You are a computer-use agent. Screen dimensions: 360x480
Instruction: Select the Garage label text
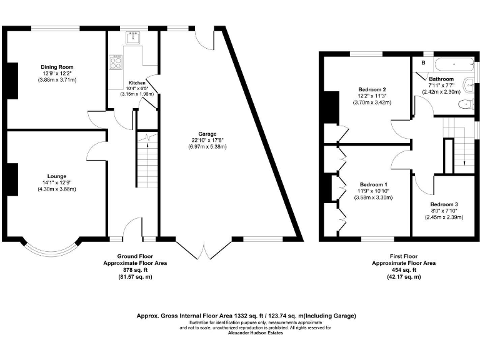pyautogui.click(x=207, y=134)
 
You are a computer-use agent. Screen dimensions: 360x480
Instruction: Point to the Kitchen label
pyautogui.click(x=137, y=82)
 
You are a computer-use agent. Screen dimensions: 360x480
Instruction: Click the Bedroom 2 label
pyautogui.click(x=372, y=89)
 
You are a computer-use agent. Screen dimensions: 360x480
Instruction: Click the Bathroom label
pyautogui.click(x=441, y=79)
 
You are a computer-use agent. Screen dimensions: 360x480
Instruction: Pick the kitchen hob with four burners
pyautogui.click(x=117, y=62)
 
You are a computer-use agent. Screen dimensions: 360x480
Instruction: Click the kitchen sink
pyautogui.click(x=132, y=38)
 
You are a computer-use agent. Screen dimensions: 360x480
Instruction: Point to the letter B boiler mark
pyautogui.click(x=423, y=63)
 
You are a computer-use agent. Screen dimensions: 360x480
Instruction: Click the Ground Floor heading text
pyautogui.click(x=135, y=256)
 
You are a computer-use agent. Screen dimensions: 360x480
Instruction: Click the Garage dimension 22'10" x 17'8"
pyautogui.click(x=207, y=141)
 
